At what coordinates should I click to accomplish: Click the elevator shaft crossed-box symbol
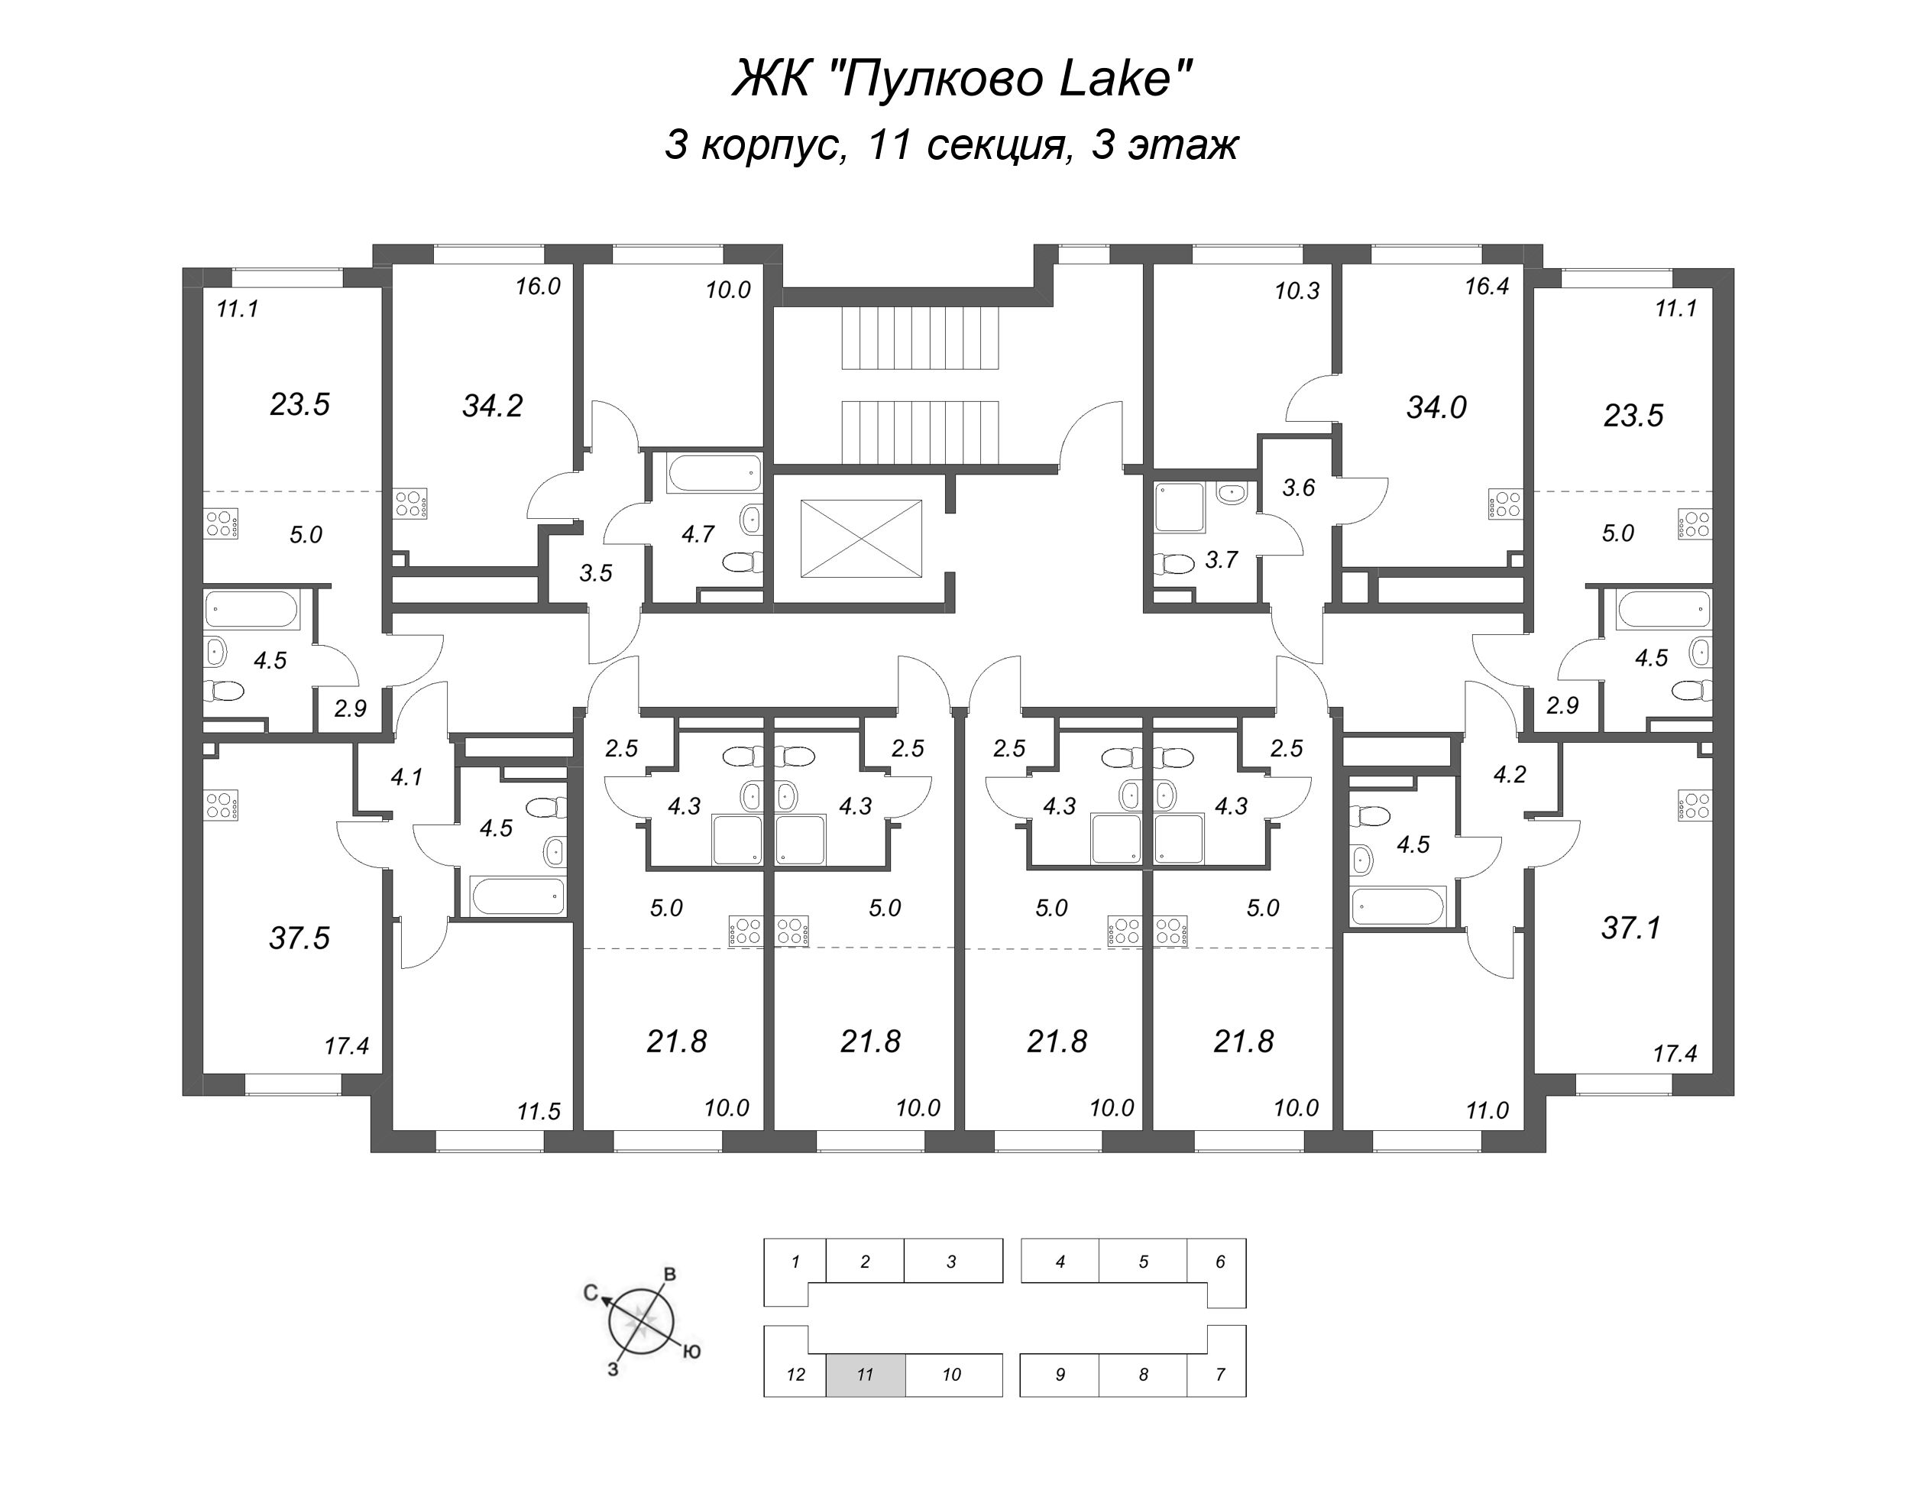861,538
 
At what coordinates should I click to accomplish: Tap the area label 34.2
492,406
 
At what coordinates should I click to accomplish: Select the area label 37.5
299,938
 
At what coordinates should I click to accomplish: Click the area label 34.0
1436,407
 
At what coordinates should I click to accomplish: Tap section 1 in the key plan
795,1262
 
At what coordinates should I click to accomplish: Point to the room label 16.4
1486,286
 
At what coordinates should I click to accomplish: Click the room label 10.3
1297,291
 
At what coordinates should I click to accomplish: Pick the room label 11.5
538,1112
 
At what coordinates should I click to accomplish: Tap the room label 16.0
537,287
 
